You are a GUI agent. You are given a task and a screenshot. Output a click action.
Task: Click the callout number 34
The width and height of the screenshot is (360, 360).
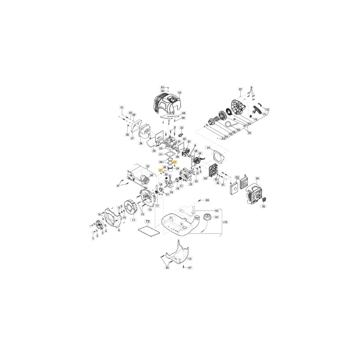pyautogui.click(x=179, y=93)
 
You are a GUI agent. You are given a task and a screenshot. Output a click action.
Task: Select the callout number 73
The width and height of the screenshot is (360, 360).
pyautogui.click(x=147, y=222)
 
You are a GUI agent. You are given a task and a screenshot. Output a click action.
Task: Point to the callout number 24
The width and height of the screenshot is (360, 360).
pyautogui.click(x=208, y=148)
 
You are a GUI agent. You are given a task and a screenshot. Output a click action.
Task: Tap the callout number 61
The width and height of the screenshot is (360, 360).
pyautogui.click(x=216, y=217)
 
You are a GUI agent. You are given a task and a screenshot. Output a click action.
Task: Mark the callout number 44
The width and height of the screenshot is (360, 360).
pyautogui.click(x=167, y=268)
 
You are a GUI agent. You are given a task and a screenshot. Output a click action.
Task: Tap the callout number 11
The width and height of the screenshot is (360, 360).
pyautogui.click(x=133, y=220)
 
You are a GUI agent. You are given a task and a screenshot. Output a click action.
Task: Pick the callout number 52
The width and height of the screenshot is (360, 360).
pyautogui.click(x=264, y=206)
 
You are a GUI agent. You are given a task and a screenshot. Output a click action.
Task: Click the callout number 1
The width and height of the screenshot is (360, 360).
pyautogui.click(x=93, y=238)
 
